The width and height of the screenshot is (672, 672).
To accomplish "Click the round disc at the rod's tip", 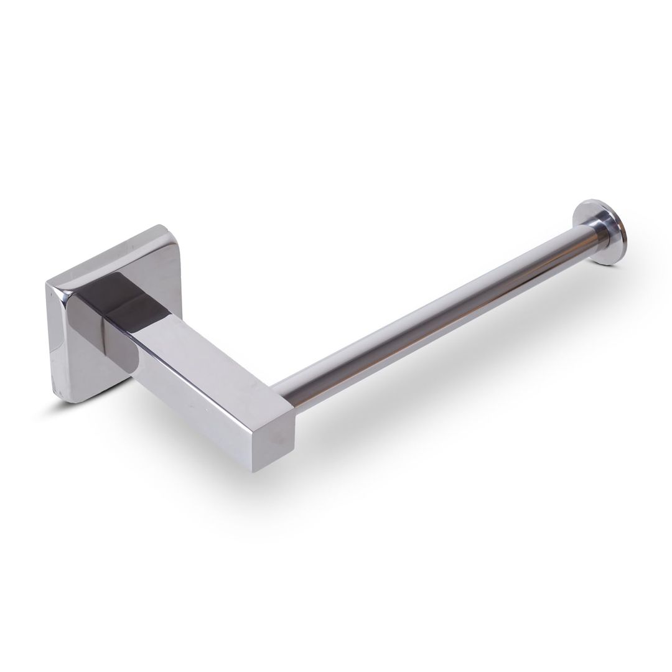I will (602, 230).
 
